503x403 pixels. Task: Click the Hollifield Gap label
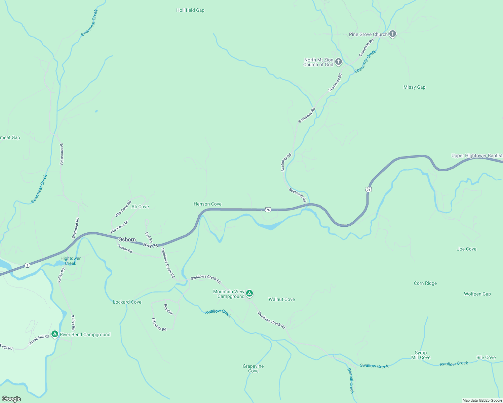point(190,10)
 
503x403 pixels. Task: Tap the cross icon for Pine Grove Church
point(392,34)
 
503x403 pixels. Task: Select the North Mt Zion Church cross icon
point(339,62)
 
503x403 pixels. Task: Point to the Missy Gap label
point(414,87)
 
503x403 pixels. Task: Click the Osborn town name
point(127,240)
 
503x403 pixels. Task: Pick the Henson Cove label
point(207,204)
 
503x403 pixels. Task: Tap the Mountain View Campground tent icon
point(249,294)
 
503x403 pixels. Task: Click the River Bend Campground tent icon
point(55,334)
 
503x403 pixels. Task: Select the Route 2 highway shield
point(27,265)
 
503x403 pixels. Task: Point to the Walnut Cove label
point(282,300)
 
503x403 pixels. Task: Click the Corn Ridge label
point(425,283)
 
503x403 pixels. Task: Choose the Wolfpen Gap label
point(477,294)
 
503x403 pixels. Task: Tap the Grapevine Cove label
point(253,369)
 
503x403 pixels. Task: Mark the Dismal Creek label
point(351,380)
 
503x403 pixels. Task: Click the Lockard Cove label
point(127,302)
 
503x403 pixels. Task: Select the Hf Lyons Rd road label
point(159,325)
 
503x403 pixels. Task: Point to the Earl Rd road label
point(149,237)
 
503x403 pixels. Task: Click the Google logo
point(11,399)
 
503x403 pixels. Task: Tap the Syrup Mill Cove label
point(421,355)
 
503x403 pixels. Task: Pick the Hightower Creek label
point(71,261)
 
